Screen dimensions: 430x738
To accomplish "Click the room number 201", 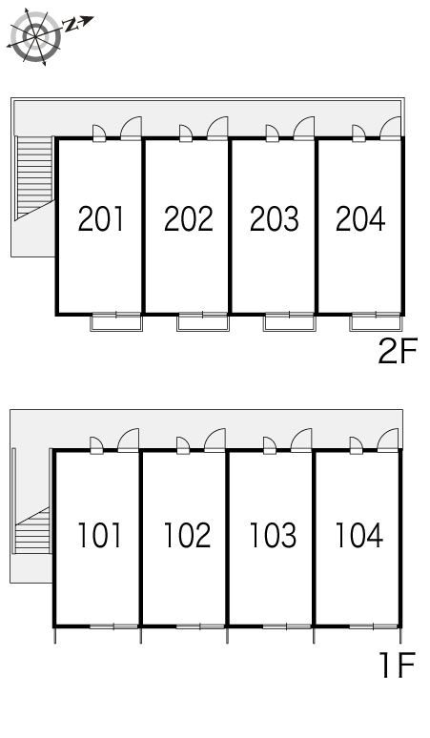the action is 101,219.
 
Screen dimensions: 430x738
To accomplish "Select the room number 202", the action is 188,219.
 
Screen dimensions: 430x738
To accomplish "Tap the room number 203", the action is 275,219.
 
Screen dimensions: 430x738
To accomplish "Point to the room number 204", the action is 360,219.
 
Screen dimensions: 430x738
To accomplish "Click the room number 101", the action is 99,535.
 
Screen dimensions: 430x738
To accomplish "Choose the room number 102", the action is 187,535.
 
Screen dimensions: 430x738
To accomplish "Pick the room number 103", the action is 273,535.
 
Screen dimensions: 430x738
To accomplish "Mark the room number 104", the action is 358,535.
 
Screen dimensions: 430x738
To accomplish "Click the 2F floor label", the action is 398,352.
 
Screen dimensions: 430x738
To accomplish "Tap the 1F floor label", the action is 398,665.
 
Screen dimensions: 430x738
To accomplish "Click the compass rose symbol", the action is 35,36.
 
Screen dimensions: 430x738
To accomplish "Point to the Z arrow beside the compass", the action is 78,23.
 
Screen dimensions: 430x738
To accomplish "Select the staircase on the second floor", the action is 34,178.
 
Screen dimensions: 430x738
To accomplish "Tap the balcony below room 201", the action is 116,322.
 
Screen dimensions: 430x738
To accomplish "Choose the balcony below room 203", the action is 289,322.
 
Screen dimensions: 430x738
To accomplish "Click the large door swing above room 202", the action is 217,129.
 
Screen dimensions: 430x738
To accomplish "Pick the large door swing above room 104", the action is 388,441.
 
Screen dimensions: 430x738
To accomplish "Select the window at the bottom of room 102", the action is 200,626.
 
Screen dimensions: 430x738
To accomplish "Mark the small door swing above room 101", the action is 96,445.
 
